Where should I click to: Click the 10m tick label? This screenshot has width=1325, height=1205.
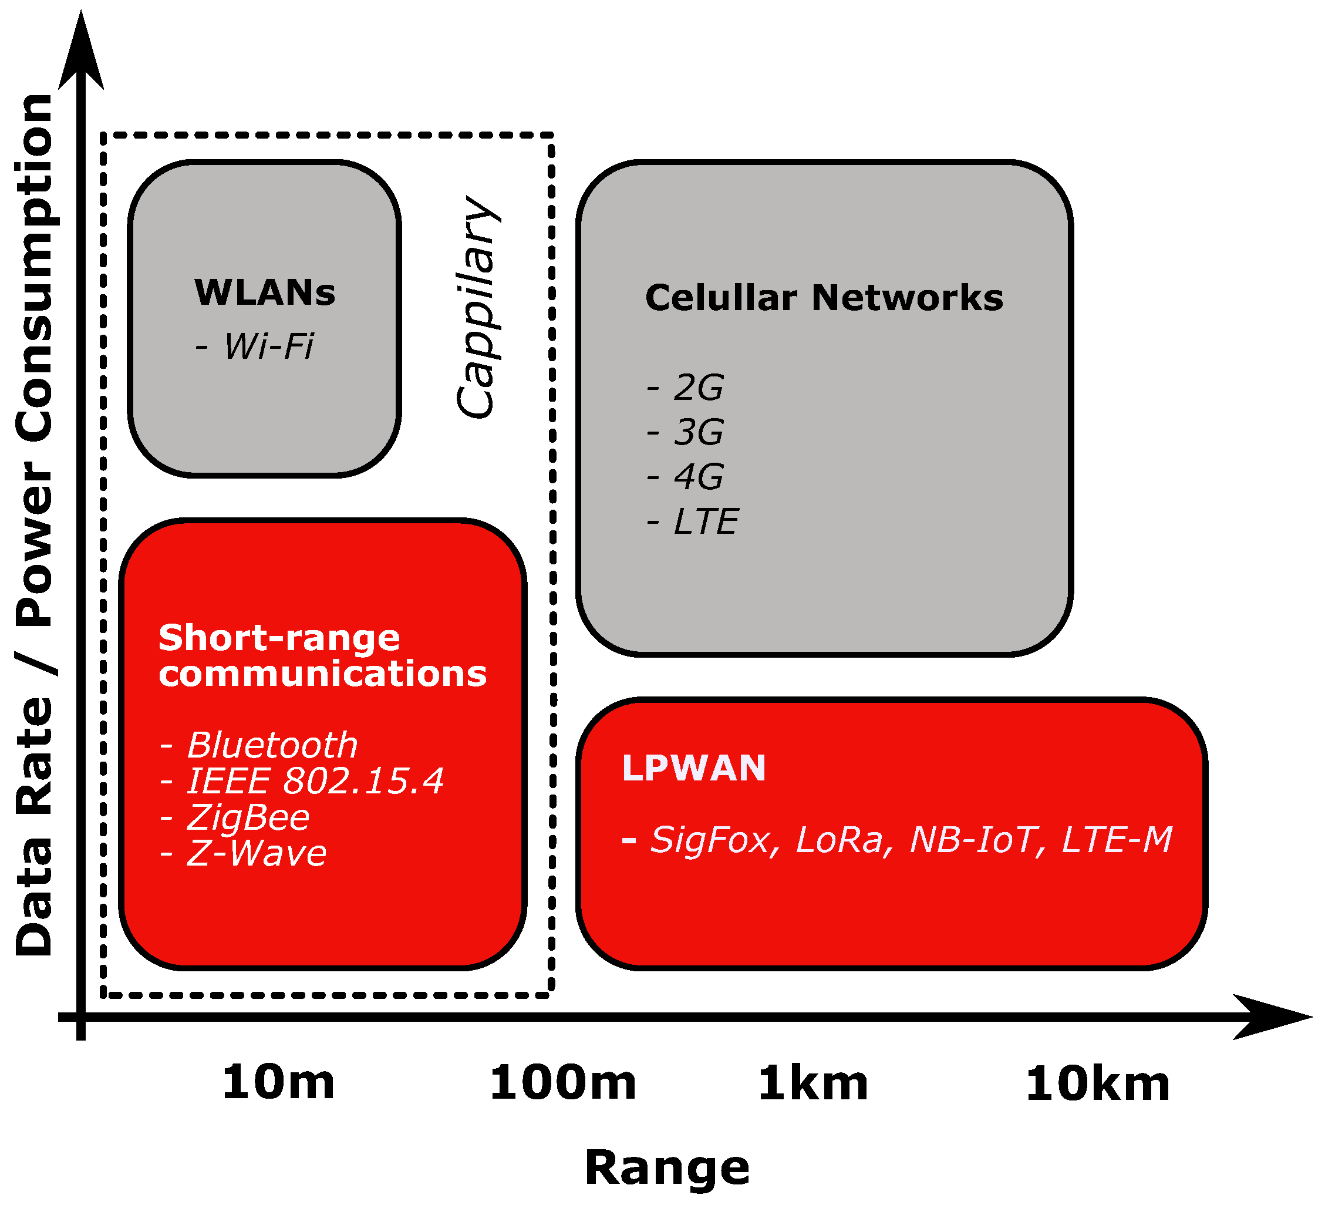click(x=278, y=1083)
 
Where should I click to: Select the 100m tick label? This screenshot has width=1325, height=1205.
click(x=562, y=1083)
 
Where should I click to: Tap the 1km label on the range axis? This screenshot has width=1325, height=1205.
click(x=813, y=1083)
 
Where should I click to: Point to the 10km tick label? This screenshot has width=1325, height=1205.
click(x=1097, y=1083)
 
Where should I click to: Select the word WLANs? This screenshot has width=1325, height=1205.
click(x=265, y=292)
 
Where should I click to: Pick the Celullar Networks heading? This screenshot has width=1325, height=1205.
click(x=824, y=298)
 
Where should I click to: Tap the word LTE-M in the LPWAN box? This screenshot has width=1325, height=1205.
click(x=1117, y=840)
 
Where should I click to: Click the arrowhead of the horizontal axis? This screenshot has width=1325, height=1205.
click(x=1272, y=1017)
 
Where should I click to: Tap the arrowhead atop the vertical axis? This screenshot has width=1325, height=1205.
click(x=81, y=53)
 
